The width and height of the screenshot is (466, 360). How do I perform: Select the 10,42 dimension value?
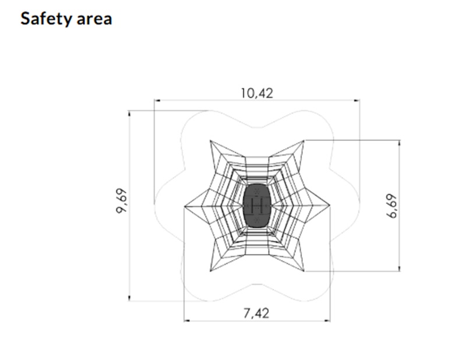tap(257, 93)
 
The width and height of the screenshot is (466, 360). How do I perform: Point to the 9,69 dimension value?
tap(122, 200)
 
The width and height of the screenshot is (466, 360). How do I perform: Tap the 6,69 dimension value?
tap(392, 206)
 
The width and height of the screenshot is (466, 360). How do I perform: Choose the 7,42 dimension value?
tap(256, 313)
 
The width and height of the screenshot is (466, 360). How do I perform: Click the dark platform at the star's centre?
tap(257, 206)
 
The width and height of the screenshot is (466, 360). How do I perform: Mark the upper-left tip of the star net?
tap(210, 140)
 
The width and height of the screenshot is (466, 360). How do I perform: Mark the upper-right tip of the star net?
tap(304, 140)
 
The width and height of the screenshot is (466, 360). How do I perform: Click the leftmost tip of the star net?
tap(184, 206)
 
